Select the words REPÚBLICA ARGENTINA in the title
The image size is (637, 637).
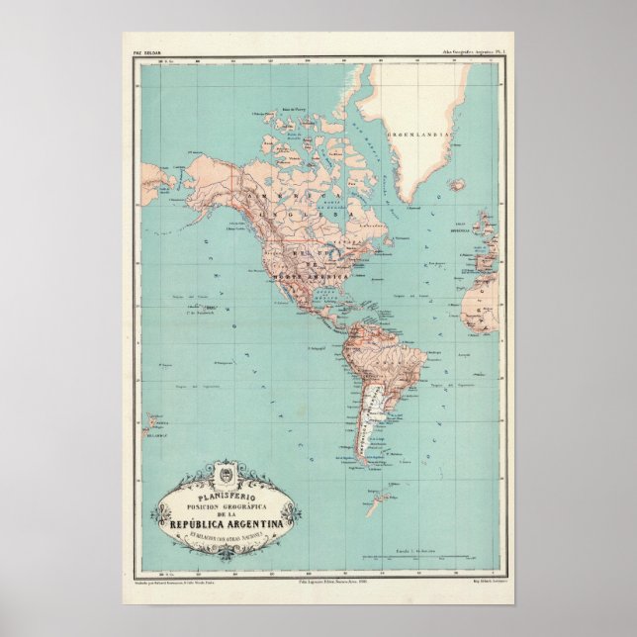tap(225, 521)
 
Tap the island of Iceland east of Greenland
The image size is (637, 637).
tap(457, 184)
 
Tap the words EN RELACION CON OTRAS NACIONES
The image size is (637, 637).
tap(225, 536)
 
